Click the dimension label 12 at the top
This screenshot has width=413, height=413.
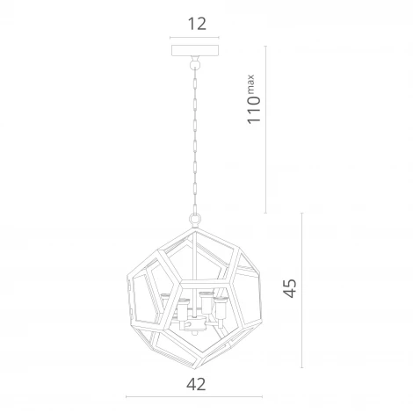coord(197,24)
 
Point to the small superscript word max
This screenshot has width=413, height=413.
coord(251,83)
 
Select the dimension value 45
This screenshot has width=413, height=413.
coord(290,288)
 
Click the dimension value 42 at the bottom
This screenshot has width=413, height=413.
coord(196,384)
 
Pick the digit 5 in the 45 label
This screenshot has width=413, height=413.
coord(290,284)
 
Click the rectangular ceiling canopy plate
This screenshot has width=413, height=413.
coord(195,50)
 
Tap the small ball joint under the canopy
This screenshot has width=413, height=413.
coord(194,63)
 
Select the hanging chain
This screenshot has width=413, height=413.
coord(194,141)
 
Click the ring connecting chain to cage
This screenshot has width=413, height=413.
coord(194,218)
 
